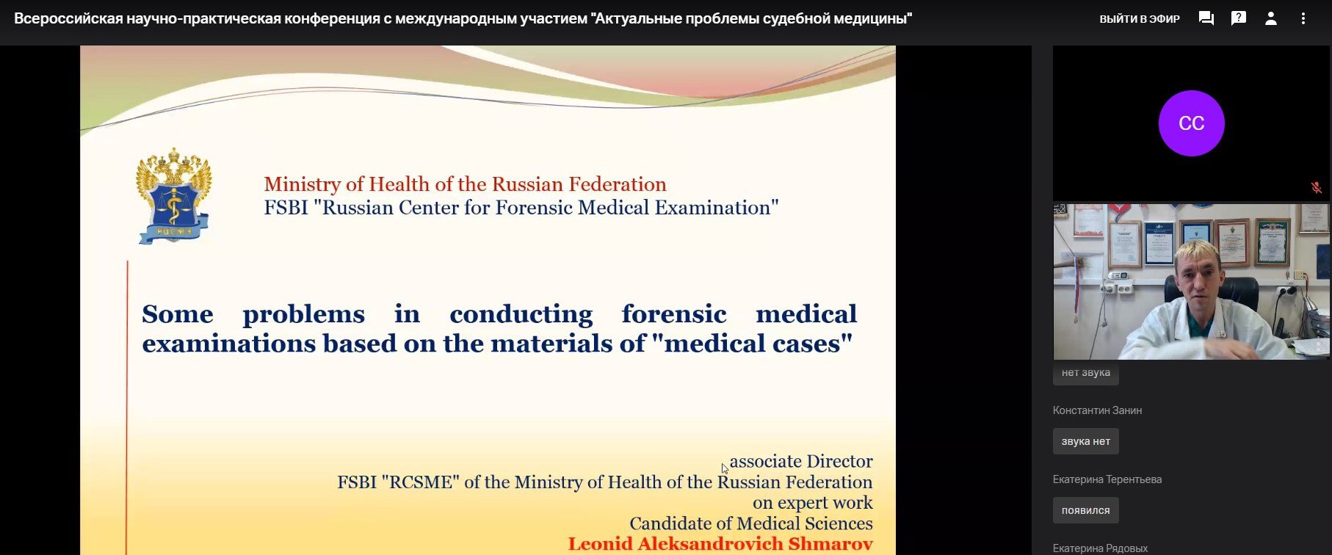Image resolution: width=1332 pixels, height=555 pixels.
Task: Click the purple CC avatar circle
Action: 1191,123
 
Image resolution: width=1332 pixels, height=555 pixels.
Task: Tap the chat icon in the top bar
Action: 1206,18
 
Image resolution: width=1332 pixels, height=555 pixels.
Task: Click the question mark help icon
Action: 1239,18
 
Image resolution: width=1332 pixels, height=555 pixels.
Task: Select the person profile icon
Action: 1271,18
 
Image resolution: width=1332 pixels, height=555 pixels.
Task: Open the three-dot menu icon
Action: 1303,18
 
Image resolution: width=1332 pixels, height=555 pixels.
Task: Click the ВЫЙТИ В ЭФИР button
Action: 1140,19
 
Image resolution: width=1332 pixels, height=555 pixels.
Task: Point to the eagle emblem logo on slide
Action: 174,196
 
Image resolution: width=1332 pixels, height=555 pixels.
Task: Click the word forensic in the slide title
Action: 674,313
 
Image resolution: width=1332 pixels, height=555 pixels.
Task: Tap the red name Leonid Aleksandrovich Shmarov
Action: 720,544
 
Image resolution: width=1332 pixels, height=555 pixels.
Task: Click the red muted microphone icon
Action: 1316,188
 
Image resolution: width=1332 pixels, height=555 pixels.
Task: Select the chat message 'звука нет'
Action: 1086,441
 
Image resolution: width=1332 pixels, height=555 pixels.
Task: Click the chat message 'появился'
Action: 1086,510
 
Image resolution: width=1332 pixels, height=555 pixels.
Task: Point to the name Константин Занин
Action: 1097,410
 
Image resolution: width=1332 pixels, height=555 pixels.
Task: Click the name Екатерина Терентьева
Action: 1107,479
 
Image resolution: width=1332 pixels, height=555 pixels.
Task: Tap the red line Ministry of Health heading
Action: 466,184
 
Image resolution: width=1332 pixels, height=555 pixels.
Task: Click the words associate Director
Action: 801,461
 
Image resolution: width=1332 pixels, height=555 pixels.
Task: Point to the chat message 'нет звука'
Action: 1086,373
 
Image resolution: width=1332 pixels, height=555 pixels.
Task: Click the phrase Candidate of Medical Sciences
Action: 751,523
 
